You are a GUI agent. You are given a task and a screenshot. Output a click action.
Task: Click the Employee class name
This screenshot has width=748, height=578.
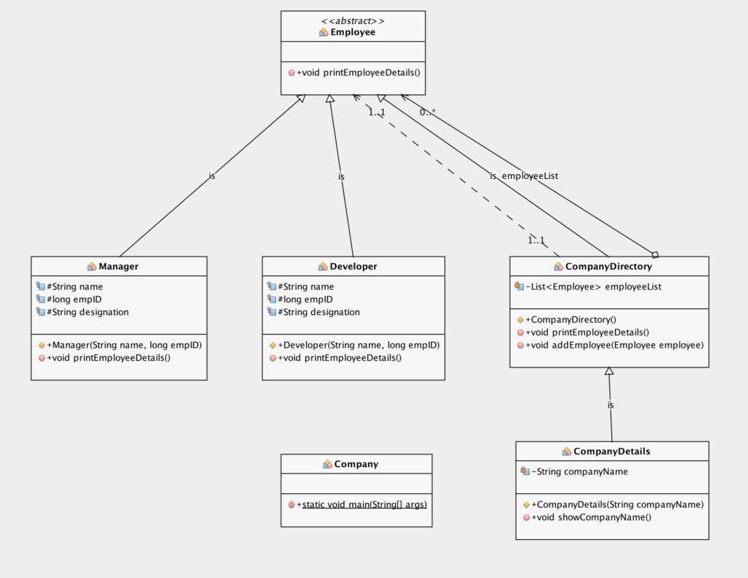(353, 32)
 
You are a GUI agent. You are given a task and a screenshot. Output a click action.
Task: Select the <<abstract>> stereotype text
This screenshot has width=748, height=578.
(353, 20)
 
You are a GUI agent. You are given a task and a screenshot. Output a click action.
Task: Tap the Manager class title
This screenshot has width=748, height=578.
(118, 267)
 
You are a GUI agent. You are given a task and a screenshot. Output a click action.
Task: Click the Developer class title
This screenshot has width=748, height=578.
(353, 267)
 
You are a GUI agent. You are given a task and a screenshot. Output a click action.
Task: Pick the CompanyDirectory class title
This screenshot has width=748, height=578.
(608, 267)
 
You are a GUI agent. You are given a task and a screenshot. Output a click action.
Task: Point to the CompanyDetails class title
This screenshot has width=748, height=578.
(611, 452)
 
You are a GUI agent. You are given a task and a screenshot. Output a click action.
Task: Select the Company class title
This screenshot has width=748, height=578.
(356, 464)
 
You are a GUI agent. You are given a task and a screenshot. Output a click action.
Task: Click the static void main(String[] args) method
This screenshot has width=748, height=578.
(364, 505)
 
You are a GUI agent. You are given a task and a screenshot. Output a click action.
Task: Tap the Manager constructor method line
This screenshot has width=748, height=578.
(124, 345)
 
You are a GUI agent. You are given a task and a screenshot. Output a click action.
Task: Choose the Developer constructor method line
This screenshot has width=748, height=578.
(359, 345)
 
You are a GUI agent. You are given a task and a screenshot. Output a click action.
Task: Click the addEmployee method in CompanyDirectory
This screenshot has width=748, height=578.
(614, 345)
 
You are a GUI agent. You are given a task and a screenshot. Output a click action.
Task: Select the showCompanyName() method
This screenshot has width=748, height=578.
(591, 517)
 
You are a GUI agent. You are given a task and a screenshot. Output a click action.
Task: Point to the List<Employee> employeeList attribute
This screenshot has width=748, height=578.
(593, 287)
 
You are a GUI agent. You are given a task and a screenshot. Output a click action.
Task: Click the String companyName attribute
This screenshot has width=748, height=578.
(580, 472)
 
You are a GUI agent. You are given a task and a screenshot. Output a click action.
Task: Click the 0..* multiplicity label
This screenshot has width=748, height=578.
(427, 113)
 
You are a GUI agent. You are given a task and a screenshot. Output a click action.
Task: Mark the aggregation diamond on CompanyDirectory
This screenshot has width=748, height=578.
(655, 254)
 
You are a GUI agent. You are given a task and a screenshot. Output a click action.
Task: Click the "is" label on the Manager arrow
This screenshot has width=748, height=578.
(212, 176)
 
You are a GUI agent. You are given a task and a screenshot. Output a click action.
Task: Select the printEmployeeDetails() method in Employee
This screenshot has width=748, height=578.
(359, 72)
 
